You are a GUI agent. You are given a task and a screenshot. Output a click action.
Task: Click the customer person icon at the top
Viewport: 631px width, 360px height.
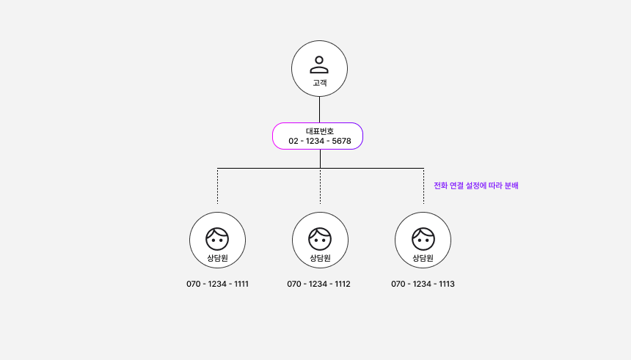tap(319, 65)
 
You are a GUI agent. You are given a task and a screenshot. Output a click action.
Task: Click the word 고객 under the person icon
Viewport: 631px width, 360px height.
tap(319, 83)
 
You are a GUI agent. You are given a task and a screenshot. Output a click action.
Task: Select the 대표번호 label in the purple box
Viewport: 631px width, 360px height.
tap(319, 131)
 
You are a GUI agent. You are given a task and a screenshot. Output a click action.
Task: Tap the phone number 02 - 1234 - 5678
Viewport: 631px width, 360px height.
tap(319, 141)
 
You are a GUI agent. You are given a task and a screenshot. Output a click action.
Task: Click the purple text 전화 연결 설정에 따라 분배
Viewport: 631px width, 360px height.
tap(476, 185)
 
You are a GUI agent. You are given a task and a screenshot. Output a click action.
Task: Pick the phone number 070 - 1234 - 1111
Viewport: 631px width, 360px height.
tap(217, 284)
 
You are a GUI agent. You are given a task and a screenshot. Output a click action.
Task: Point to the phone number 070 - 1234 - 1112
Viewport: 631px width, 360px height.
tap(318, 284)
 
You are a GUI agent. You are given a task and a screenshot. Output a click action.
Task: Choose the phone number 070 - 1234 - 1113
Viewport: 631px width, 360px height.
tap(423, 284)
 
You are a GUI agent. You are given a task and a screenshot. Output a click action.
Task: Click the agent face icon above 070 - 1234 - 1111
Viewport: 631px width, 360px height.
tap(217, 238)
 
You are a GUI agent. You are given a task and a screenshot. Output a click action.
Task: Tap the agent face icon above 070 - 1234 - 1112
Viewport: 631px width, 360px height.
tap(320, 238)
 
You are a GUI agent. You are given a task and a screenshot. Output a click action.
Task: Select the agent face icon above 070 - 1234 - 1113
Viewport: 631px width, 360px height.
tap(423, 238)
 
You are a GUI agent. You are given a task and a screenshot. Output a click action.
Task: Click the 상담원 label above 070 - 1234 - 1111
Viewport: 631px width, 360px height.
tap(217, 258)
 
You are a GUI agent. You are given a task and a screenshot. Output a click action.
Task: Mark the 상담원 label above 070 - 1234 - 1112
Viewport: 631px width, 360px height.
tap(320, 258)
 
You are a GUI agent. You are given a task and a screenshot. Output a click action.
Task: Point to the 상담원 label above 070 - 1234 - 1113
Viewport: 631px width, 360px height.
tap(423, 258)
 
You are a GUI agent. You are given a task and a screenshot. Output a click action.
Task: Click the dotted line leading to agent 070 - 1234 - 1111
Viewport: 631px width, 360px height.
tap(217, 186)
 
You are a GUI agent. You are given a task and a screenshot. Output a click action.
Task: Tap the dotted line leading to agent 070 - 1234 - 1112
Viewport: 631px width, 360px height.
tap(320, 186)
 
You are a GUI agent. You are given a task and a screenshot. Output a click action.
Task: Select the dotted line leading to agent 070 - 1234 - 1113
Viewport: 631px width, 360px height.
tap(423, 186)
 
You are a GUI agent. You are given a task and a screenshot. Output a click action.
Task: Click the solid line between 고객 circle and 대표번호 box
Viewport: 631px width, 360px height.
tap(319, 110)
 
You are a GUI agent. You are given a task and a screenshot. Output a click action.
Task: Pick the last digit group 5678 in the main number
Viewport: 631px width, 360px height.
tap(341, 141)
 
